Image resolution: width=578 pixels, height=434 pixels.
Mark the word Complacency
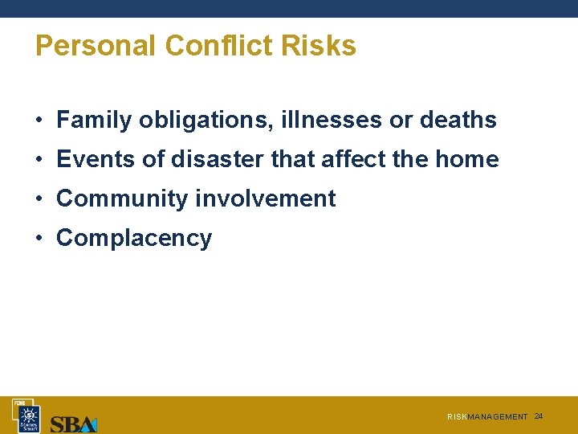click(x=134, y=238)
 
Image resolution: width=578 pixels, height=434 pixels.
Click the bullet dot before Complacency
click(x=39, y=239)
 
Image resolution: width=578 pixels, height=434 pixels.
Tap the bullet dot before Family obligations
click(x=39, y=121)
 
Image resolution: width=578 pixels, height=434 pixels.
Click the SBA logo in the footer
click(x=74, y=423)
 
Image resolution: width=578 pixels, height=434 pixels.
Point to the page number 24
click(x=539, y=416)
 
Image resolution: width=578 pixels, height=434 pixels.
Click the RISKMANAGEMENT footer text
click(x=487, y=417)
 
